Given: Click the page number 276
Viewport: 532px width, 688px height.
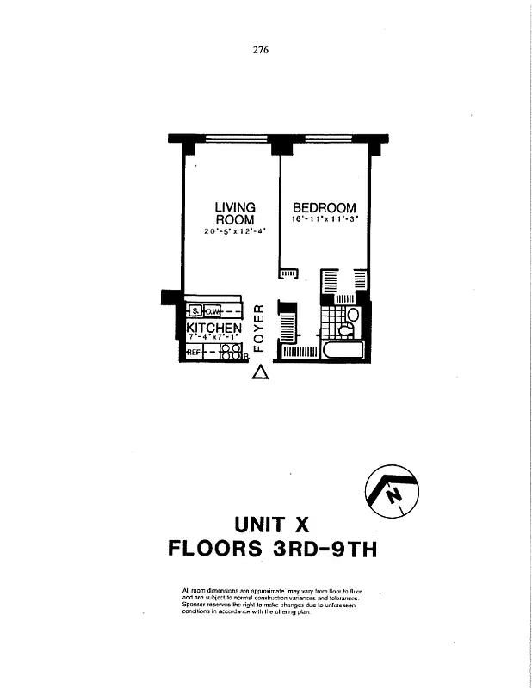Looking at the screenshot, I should pos(261,50).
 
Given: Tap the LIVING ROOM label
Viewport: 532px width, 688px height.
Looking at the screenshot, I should pos(235,213).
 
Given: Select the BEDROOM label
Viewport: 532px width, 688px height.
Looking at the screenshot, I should pos(325,207).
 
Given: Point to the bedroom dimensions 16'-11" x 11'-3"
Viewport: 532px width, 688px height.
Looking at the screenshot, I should pos(325,220).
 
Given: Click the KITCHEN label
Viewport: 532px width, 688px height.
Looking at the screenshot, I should pos(213,329).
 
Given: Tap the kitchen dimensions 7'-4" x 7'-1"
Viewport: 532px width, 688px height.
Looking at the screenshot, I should pos(213,338).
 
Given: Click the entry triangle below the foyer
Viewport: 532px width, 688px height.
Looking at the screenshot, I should pos(260,372).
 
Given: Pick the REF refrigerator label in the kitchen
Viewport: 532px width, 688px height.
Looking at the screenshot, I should pos(194,353).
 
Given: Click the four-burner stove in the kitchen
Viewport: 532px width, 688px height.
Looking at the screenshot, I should pos(231,352).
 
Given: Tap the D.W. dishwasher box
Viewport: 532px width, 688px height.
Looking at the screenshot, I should pos(212,311).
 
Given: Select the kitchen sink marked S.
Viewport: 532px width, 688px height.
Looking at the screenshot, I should pos(195,311).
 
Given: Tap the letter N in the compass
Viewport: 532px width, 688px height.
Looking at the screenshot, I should pos(393,496).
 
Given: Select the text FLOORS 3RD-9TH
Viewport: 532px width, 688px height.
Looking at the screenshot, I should pos(272,549).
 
